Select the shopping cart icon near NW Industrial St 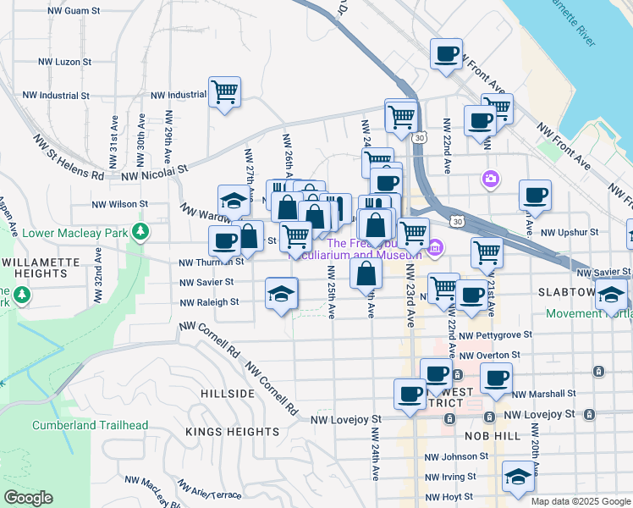click(x=224, y=92)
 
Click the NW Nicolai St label click(x=153, y=174)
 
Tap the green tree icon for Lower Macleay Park click(x=146, y=230)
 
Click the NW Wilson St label click(x=119, y=204)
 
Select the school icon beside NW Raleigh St click(x=282, y=295)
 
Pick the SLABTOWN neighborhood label click(x=568, y=291)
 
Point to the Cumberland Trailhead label click(x=91, y=425)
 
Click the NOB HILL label click(x=492, y=434)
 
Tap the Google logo click(x=28, y=498)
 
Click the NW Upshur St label click(x=570, y=231)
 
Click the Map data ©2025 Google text click(x=581, y=501)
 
